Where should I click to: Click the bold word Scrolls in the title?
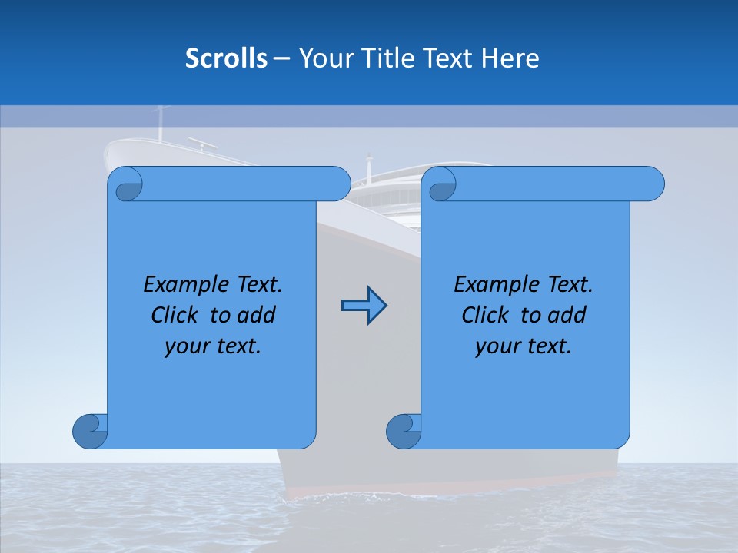226,58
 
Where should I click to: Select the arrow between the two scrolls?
364,306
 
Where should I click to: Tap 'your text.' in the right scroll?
524,346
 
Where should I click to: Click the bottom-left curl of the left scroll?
89,431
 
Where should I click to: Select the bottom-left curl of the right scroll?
403,431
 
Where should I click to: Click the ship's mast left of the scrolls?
161,123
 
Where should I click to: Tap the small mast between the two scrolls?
369,167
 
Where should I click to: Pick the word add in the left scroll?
257,315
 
